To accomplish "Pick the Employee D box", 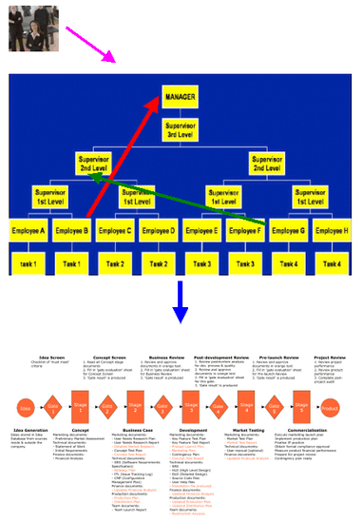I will (160, 231).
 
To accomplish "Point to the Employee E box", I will (202, 231).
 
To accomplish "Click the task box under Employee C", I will (116, 262).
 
